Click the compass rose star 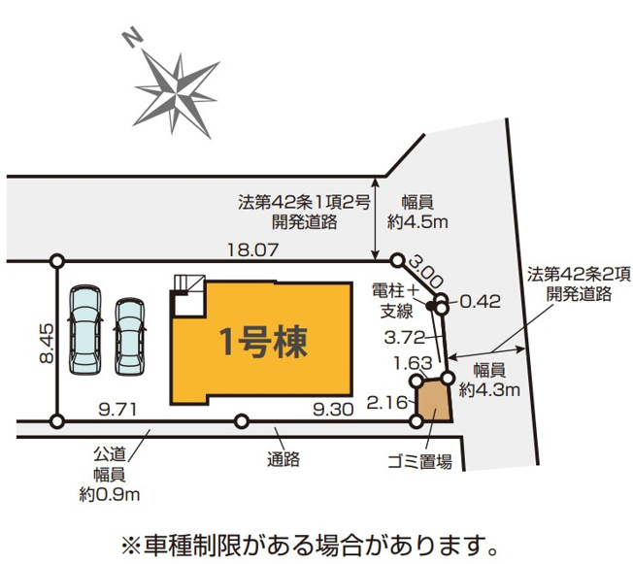177,95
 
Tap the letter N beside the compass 133,39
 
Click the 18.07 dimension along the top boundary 252,249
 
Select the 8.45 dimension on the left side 47,344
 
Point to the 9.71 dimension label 117,411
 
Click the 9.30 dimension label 333,410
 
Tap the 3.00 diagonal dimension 425,272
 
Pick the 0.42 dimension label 481,301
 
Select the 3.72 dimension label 405,337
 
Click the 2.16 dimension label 387,402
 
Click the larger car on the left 85,331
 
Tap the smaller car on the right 129,337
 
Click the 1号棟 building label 263,343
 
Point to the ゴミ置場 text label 419,461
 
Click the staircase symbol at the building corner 189,295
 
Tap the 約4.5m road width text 417,221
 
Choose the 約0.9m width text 110,494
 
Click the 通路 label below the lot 283,459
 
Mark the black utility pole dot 431,306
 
